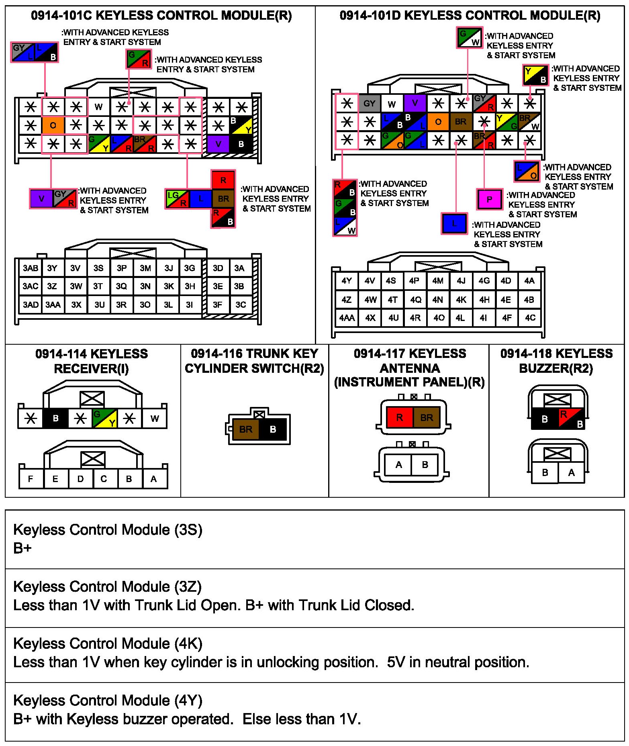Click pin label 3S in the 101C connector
coord(98,268)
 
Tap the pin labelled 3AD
coord(31,305)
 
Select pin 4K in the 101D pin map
coord(461,300)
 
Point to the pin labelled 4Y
coord(347,281)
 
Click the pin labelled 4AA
coord(347,318)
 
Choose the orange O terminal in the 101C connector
coord(53,125)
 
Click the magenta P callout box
coord(489,199)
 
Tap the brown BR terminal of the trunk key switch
coord(245,429)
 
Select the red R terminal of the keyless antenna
coord(399,417)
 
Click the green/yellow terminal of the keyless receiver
coord(104,419)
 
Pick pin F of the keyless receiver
coord(31,479)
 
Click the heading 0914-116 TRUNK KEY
coord(254,354)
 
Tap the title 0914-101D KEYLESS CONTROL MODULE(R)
coord(470,16)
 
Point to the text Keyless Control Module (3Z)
coord(107,587)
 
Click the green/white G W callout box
coord(469,37)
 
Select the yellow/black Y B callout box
coord(535,75)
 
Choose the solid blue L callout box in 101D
coord(454,223)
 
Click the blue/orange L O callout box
coord(527,171)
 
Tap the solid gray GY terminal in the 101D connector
coord(369,104)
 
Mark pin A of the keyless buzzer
coord(571,473)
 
